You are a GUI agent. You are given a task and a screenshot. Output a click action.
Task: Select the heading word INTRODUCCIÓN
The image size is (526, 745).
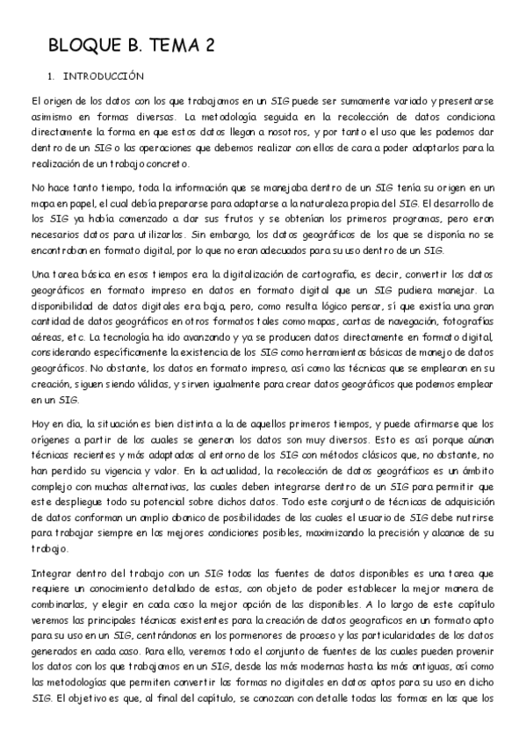(x=97, y=76)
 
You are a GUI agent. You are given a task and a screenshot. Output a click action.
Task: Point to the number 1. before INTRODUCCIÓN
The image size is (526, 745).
(x=51, y=76)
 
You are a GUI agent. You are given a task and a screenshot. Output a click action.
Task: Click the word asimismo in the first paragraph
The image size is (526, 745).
(x=52, y=117)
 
